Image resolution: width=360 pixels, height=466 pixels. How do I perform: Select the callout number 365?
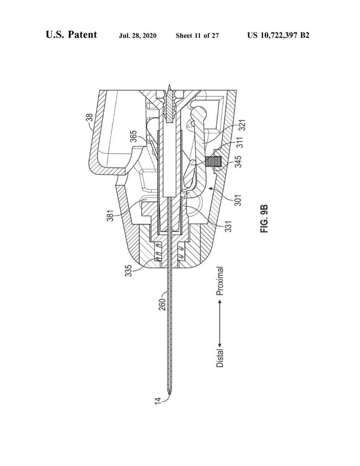coord(134,136)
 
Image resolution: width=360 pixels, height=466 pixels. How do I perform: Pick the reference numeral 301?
coord(238,200)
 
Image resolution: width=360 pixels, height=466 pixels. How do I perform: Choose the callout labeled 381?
coord(110,215)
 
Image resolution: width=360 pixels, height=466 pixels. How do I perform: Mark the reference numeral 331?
coord(229,226)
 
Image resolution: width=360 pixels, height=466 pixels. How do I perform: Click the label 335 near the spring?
coord(128,270)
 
